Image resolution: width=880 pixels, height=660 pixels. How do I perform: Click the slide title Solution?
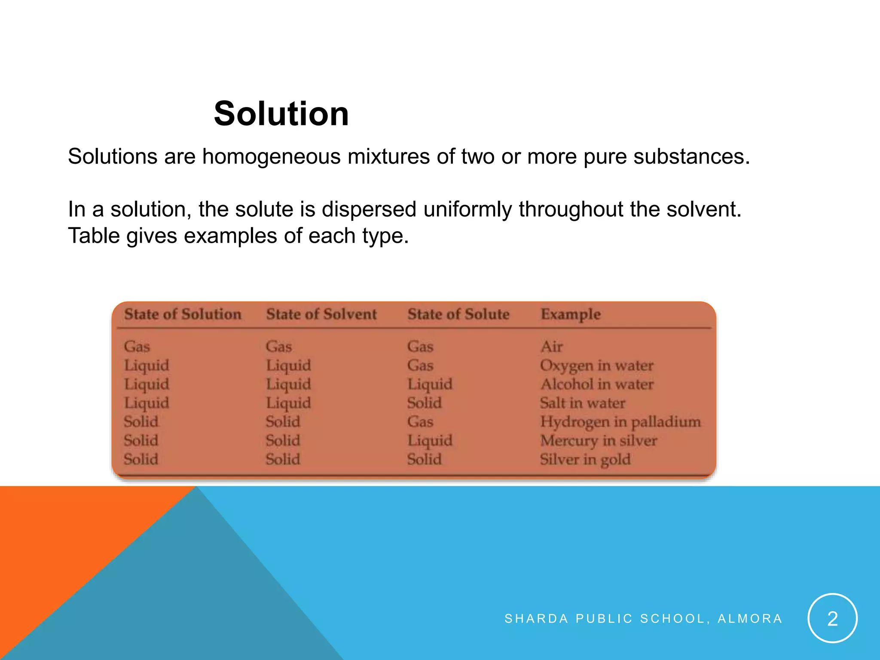[x=281, y=113]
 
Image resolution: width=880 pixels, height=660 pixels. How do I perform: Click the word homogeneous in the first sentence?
[x=272, y=156]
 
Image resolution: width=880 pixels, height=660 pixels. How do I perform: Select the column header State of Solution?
[x=183, y=314]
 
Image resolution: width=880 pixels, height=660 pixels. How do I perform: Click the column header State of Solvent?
[x=321, y=314]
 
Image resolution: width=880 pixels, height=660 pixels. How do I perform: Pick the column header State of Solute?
[x=458, y=314]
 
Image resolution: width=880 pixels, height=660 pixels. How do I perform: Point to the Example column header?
[x=570, y=314]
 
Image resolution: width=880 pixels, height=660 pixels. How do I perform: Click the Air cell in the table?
[x=551, y=346]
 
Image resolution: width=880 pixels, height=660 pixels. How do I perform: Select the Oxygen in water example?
[x=596, y=365]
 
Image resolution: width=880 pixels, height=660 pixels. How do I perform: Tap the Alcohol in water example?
[x=597, y=384]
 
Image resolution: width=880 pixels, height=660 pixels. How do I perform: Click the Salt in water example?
[x=582, y=403]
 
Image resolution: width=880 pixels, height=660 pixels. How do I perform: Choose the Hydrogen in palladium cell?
[x=620, y=422]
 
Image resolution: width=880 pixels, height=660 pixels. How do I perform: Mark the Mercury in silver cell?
[x=598, y=441]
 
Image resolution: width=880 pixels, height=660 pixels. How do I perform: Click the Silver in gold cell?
[x=585, y=460]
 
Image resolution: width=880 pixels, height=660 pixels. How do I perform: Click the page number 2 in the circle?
[x=832, y=618]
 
